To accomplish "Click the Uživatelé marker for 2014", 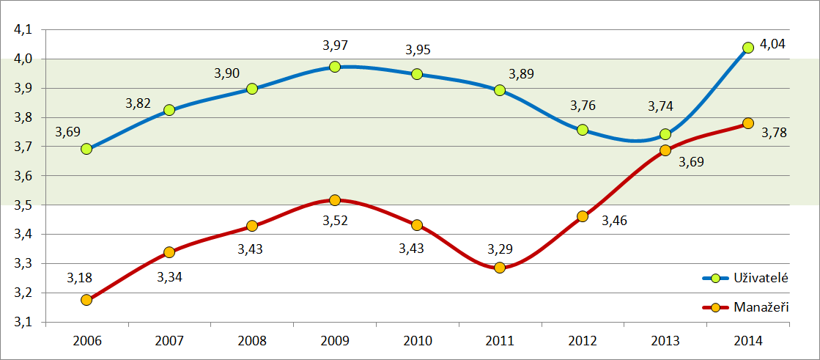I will tap(748, 48).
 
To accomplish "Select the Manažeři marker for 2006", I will tap(86, 300).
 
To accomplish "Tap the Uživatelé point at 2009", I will tap(335, 67).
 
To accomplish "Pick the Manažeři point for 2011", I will tap(500, 268).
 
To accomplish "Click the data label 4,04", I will tap(772, 44).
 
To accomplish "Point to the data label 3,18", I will tap(79, 277).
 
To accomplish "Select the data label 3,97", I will tap(335, 45).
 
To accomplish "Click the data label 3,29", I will tap(501, 248).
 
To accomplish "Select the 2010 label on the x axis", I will tap(417, 341).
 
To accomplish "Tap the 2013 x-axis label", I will tap(665, 341).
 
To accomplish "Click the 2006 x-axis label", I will tap(86, 341).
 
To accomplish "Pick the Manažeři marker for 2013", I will tap(665, 150).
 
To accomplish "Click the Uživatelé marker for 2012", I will tap(583, 130).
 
